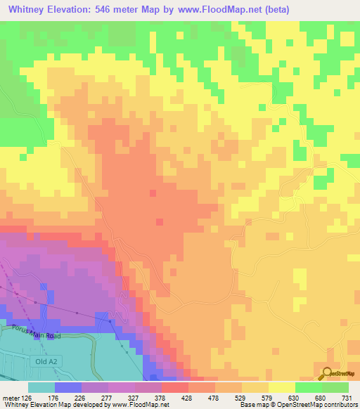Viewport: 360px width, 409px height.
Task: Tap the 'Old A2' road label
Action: tap(44, 362)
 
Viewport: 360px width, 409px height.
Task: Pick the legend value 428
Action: tap(175, 397)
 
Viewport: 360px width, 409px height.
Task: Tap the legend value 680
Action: tap(309, 397)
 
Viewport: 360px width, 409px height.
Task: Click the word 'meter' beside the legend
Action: tap(11, 397)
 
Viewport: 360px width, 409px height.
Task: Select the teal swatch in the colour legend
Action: tap(41, 387)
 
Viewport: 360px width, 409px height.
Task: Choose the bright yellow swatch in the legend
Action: tap(281, 387)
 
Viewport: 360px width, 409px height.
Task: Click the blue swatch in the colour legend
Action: tap(67, 387)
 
